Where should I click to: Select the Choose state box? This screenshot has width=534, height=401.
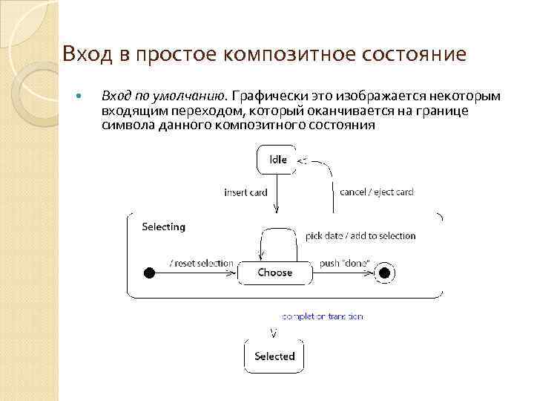point(274,273)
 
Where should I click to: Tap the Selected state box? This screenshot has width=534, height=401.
point(274,356)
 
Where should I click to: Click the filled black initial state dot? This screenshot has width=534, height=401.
point(149,273)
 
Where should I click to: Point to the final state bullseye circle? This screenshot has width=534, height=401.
point(384,273)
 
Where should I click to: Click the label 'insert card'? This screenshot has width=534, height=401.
point(245,192)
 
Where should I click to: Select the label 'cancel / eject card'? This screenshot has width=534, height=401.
point(376,192)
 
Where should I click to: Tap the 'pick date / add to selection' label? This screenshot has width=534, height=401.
point(360,236)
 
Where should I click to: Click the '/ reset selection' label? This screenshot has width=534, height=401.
point(201,264)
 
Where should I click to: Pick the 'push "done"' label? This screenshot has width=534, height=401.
point(344,264)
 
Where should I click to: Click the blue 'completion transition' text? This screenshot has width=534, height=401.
point(322,316)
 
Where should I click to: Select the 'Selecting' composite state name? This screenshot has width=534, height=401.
point(163,226)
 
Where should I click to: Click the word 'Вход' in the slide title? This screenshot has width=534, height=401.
point(84,54)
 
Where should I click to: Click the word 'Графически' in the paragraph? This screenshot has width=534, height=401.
point(268,97)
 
